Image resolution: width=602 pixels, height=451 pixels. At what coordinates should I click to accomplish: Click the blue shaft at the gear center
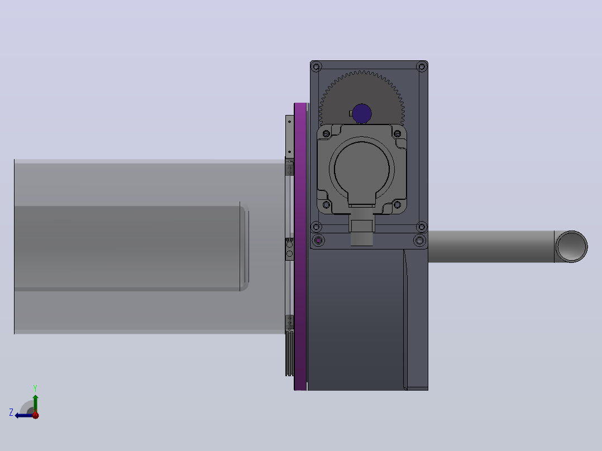(x=362, y=114)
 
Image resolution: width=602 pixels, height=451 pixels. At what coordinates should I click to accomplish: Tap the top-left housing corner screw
(x=316, y=67)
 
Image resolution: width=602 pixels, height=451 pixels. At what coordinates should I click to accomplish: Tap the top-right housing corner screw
(x=422, y=67)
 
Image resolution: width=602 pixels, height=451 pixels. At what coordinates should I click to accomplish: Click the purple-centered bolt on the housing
(x=318, y=241)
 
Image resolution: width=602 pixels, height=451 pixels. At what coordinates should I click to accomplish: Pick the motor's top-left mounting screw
(x=326, y=133)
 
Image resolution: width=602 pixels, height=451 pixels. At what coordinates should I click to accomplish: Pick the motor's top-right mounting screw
(x=398, y=133)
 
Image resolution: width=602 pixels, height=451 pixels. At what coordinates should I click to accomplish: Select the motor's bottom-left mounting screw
(x=326, y=205)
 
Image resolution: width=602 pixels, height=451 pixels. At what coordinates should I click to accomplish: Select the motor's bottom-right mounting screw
(x=398, y=205)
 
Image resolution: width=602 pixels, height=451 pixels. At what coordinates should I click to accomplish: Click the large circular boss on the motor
(x=362, y=169)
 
